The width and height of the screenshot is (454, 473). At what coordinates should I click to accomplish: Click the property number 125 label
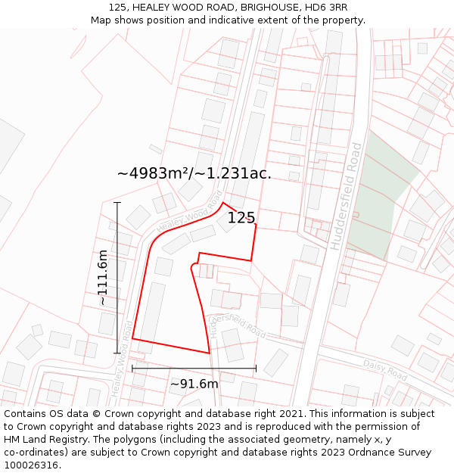click(x=241, y=218)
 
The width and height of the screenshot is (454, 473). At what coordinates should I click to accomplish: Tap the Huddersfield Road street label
click(x=347, y=195)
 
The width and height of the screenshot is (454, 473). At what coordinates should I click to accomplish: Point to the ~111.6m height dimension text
click(x=103, y=278)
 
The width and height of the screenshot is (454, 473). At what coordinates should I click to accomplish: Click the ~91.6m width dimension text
click(x=194, y=384)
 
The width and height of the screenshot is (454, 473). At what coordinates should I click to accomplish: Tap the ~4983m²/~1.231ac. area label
click(x=194, y=173)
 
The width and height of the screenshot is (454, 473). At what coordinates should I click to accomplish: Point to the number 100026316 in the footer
click(x=31, y=465)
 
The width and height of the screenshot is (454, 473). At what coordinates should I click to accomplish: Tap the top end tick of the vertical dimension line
click(x=117, y=203)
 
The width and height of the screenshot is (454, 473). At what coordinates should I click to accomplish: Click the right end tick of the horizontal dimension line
click(x=256, y=369)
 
